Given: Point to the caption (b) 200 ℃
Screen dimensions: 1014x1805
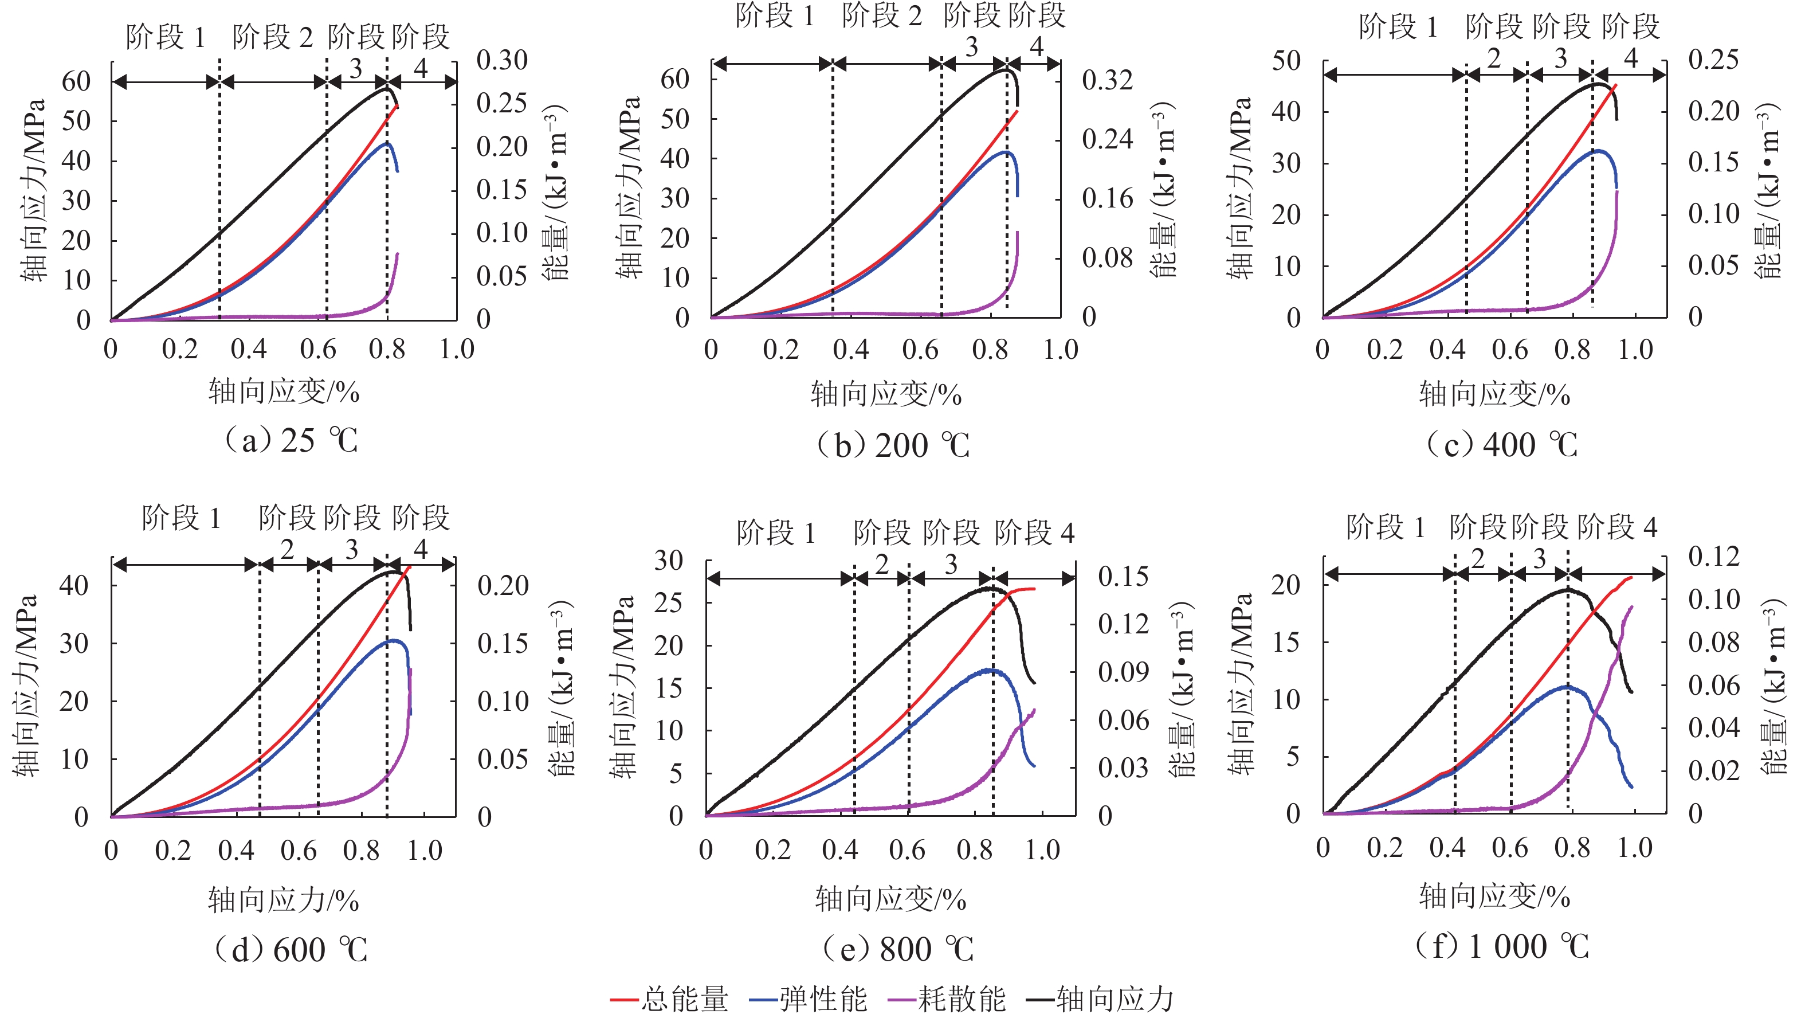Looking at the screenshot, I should click(x=893, y=445).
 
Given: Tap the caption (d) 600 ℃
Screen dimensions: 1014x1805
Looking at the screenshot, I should click(x=291, y=950).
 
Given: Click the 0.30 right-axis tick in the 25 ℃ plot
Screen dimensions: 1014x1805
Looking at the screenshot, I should click(x=502, y=60).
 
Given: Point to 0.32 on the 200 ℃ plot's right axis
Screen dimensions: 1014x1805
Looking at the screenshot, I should click(x=1107, y=80).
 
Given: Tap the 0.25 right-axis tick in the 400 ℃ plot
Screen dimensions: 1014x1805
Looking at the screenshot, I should click(x=1713, y=59).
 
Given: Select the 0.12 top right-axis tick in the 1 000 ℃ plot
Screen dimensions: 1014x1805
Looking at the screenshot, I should click(x=1713, y=557).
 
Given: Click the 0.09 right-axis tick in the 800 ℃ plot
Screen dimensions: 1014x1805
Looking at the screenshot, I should click(x=1123, y=672).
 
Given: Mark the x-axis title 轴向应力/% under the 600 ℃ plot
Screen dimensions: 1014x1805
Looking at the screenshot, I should click(x=283, y=900).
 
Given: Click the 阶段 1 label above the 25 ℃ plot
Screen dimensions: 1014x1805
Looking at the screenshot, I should click(x=166, y=37).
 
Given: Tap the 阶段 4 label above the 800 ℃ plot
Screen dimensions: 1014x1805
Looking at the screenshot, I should click(x=1034, y=533).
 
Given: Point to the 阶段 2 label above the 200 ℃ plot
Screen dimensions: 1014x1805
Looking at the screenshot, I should click(x=881, y=15).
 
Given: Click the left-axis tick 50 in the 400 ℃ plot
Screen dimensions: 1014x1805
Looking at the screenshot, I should click(x=1286, y=60).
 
